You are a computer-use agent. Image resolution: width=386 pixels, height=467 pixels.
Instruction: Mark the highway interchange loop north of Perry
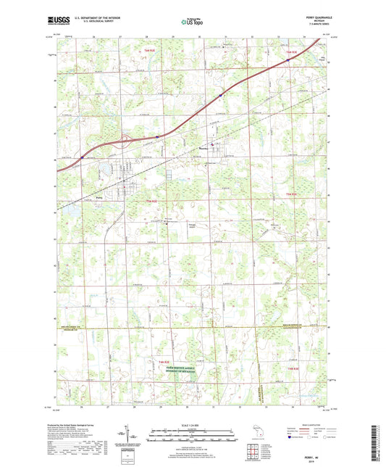coord(125,139)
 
